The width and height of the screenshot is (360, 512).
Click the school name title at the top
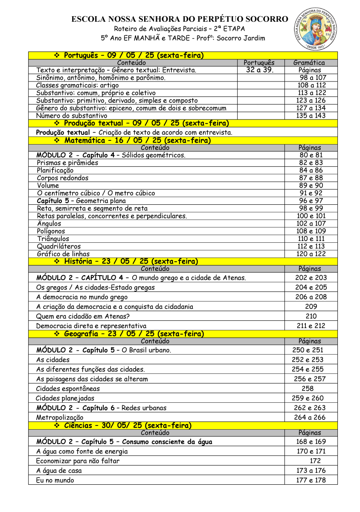coord(180,19)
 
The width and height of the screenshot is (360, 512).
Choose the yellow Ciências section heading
coord(128,425)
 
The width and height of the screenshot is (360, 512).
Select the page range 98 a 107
coord(312,78)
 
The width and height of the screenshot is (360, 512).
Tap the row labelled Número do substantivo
coord(72,116)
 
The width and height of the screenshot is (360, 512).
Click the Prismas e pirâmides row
coord(67,163)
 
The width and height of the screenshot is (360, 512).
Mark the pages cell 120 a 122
coord(311,254)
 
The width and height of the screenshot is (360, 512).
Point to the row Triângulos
coord(53,239)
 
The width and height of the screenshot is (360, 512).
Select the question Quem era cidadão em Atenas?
coord(83,316)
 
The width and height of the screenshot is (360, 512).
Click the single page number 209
coord(311,306)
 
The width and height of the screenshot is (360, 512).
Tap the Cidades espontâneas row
coord(68,388)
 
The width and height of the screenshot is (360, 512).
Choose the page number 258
coord(307,388)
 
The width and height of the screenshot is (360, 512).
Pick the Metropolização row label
coord(60,417)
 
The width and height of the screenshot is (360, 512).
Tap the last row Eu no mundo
coord(55,480)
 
